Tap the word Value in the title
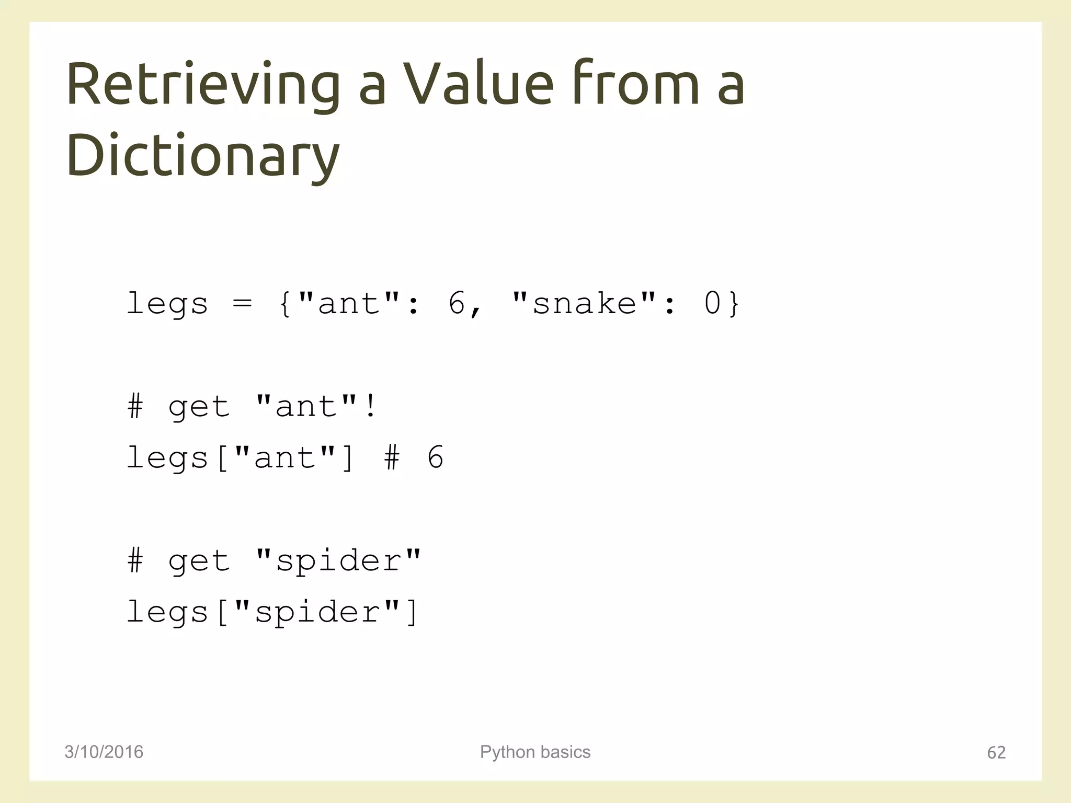(478, 85)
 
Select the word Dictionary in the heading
(203, 156)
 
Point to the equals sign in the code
(242, 303)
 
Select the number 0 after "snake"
(712, 303)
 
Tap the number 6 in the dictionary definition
(457, 303)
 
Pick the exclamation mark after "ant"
(371, 406)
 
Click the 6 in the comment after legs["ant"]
(435, 457)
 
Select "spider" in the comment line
(338, 561)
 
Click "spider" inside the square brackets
(317, 612)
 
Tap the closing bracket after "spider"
(413, 612)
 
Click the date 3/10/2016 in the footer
(104, 752)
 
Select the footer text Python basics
(535, 752)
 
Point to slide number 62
(996, 752)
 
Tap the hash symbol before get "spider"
(135, 561)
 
